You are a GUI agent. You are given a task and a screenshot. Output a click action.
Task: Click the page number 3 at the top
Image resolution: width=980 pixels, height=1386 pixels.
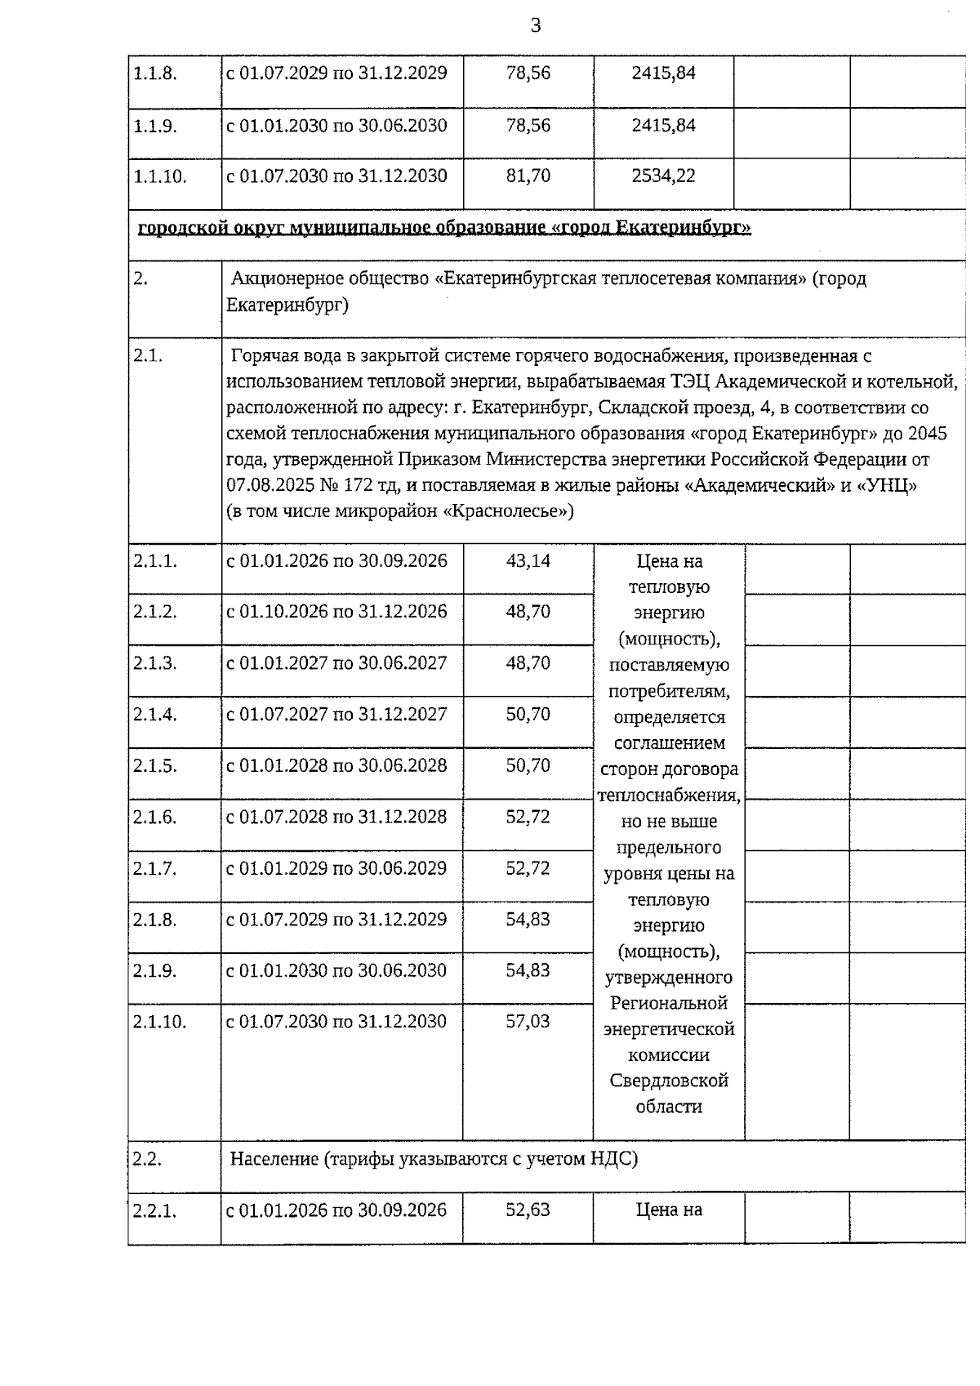click(x=536, y=26)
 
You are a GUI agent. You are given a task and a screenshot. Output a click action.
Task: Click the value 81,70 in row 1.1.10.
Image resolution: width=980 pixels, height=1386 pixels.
click(x=528, y=176)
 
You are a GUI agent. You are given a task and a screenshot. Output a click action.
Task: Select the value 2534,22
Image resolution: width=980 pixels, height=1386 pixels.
click(x=663, y=176)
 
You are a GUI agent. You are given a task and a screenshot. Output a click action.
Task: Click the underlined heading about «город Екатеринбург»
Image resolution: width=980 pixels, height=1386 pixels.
click(x=444, y=228)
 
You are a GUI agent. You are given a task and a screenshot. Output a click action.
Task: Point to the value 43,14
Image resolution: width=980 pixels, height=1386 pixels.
click(x=528, y=561)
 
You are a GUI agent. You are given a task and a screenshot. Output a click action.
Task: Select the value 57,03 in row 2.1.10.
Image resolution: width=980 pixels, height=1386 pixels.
click(x=528, y=1022)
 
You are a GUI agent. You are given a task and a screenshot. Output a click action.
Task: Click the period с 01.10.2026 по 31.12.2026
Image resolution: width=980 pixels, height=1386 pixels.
click(x=336, y=612)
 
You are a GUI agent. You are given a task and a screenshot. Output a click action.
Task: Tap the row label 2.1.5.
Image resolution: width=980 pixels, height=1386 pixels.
click(x=155, y=766)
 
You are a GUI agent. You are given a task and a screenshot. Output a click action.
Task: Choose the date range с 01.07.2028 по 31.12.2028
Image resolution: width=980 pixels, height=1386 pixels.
click(x=336, y=817)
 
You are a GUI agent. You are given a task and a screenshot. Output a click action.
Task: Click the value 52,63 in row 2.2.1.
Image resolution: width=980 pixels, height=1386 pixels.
click(x=528, y=1210)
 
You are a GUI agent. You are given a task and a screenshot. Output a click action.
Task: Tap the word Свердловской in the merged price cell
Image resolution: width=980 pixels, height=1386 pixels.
click(x=669, y=1081)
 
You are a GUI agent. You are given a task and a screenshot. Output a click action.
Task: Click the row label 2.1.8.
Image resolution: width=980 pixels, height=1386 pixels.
click(x=155, y=920)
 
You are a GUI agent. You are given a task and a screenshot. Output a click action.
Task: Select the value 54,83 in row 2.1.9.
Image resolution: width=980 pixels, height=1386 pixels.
click(x=528, y=971)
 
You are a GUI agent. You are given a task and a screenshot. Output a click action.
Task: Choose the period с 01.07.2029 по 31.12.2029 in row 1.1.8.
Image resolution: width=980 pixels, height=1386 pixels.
click(x=336, y=74)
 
